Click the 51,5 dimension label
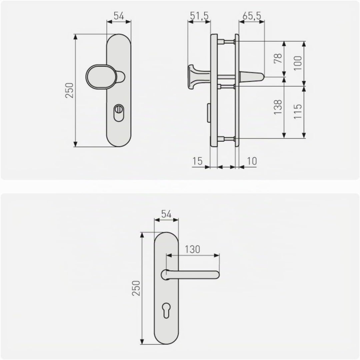[x=199, y=16]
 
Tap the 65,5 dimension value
[x=252, y=16]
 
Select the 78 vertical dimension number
[x=278, y=58]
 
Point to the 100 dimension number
[x=298, y=63]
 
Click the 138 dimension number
[x=278, y=107]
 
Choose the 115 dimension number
[x=298, y=111]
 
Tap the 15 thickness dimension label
[x=197, y=161]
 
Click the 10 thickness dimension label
[x=252, y=161]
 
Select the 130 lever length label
[x=192, y=249]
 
